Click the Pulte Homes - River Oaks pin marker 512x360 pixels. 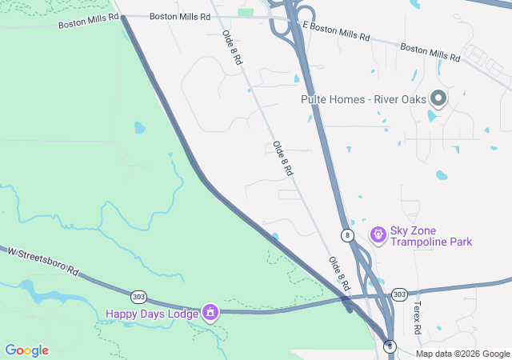(x=438, y=98)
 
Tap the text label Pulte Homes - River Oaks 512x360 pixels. (x=363, y=100)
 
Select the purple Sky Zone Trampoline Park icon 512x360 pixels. (x=378, y=234)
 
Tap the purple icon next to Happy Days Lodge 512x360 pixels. (x=210, y=312)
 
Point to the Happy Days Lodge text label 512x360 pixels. (x=151, y=313)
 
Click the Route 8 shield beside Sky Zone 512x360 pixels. (x=347, y=235)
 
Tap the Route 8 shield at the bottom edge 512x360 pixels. (x=390, y=346)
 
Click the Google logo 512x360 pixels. (x=26, y=350)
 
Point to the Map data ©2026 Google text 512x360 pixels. (x=462, y=354)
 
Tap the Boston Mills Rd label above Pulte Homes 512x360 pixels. (x=430, y=53)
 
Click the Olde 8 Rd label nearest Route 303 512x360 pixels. (x=340, y=274)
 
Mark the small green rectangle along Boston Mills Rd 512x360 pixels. (x=246, y=12)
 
